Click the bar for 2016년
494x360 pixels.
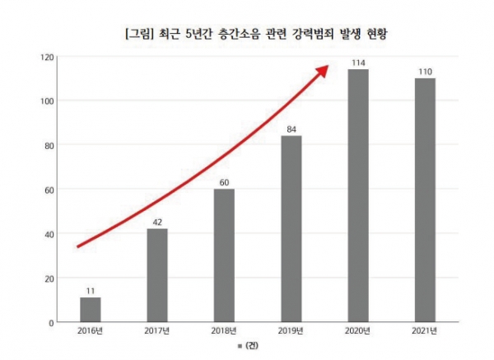(x=91, y=309)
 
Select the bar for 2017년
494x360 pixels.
(x=157, y=275)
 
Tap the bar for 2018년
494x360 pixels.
(x=224, y=255)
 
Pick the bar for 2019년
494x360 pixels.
(x=291, y=229)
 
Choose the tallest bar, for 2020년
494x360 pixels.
(x=358, y=195)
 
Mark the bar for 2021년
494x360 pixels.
(x=425, y=200)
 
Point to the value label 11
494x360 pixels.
(x=91, y=290)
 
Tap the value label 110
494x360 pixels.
(x=425, y=71)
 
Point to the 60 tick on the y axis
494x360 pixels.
(x=49, y=189)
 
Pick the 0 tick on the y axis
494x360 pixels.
(x=52, y=322)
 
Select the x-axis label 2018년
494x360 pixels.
(x=224, y=331)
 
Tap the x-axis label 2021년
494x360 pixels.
(x=425, y=331)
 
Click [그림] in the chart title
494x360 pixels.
(x=137, y=35)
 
